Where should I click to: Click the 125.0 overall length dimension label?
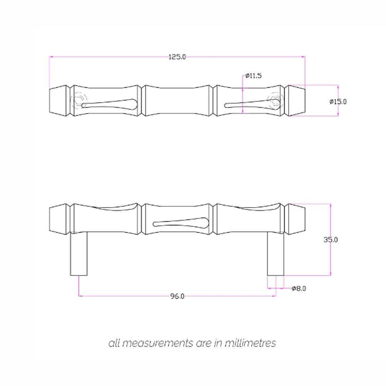178,57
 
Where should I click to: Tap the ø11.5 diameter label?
254,76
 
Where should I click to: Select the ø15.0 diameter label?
339,102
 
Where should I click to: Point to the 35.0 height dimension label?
331,239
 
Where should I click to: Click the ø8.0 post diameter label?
299,288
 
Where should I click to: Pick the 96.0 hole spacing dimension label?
178,296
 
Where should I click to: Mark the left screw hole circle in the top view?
79,101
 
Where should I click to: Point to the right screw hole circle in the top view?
276,101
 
